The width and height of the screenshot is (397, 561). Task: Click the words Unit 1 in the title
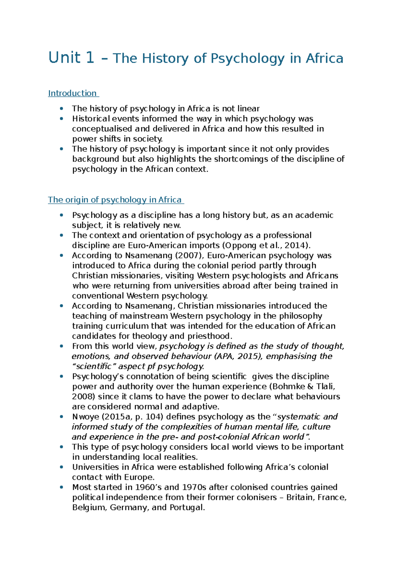click(x=71, y=58)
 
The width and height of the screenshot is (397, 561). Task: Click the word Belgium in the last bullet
click(x=88, y=507)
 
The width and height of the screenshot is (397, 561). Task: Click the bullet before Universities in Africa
click(x=61, y=467)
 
